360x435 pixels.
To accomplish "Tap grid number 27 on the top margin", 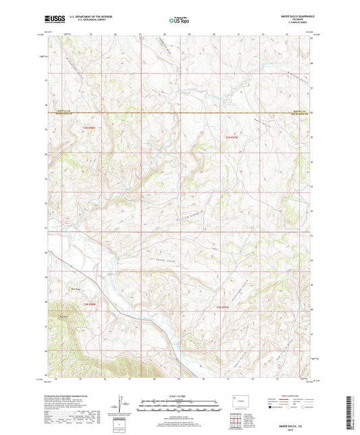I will point(140,33).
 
